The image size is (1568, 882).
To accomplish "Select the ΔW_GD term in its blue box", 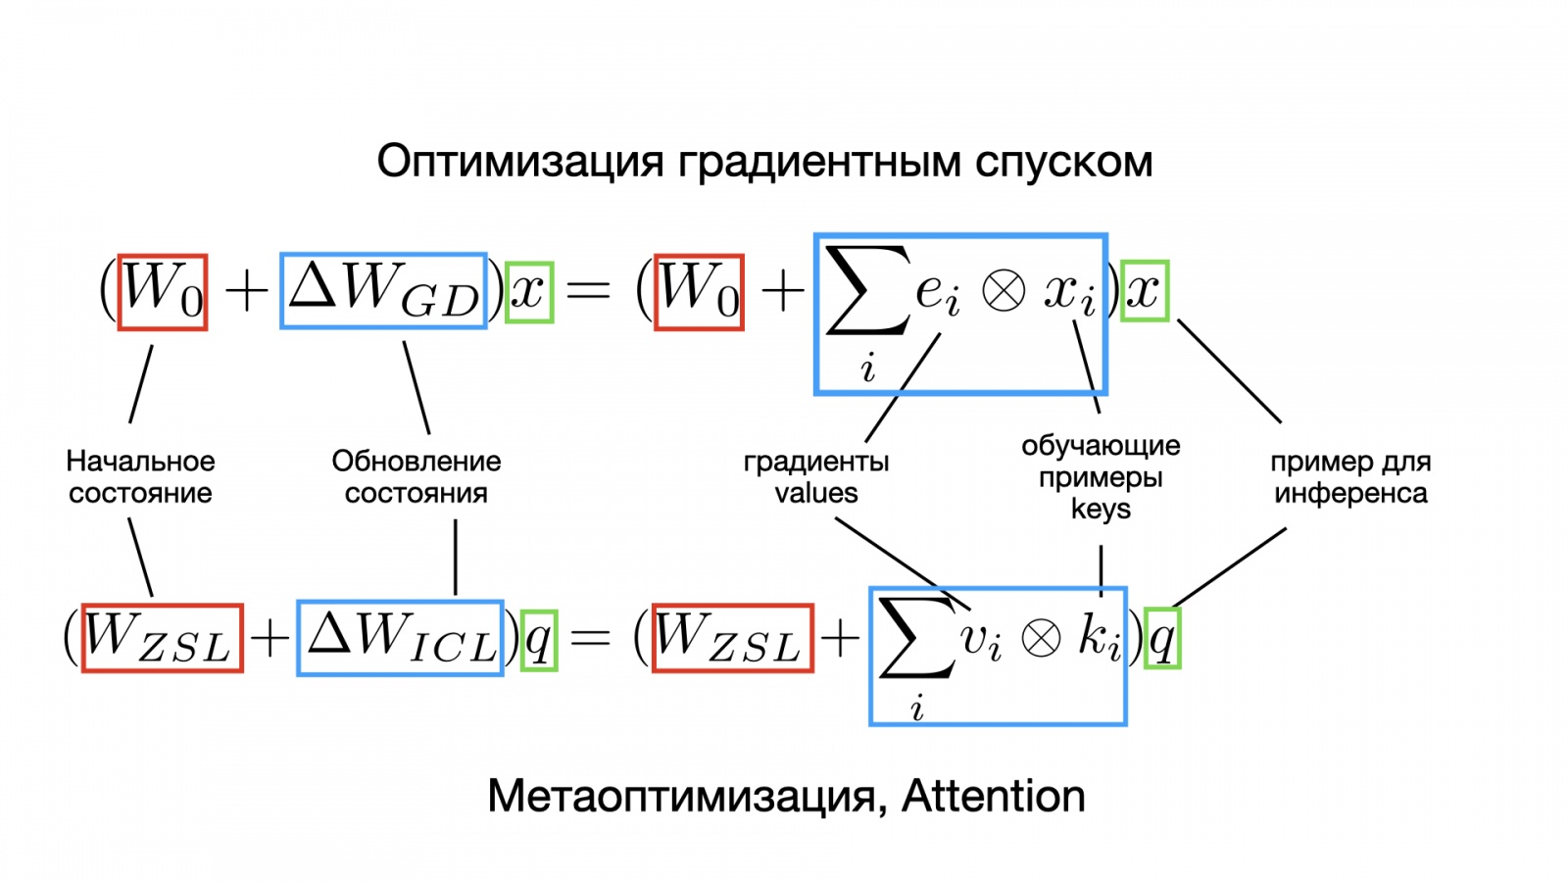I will point(384,291).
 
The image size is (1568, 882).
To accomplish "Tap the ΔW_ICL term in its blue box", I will point(401,638).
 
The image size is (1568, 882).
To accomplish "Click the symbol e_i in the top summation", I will point(937,292).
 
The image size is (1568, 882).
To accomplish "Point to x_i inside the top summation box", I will point(1069,292).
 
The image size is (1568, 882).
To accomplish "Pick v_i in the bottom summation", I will point(981,640).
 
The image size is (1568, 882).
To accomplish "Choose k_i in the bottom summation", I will point(1099,638).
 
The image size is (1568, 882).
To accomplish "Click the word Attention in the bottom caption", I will point(993,796).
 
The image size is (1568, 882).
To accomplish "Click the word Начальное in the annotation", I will point(140,461).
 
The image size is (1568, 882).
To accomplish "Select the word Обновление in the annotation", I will point(416,461).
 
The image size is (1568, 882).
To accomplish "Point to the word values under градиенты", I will point(816,493).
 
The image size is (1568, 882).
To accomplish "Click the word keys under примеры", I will point(1101,510).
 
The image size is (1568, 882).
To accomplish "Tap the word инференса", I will point(1350,493).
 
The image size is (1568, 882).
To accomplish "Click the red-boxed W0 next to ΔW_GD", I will point(163,291).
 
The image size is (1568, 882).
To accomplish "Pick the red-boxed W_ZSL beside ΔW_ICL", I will point(162,638).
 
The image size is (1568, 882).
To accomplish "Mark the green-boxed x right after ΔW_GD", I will point(529,291).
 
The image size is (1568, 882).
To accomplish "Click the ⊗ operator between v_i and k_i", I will point(1041,639).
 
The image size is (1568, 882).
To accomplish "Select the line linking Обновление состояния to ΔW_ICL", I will point(456,557).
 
